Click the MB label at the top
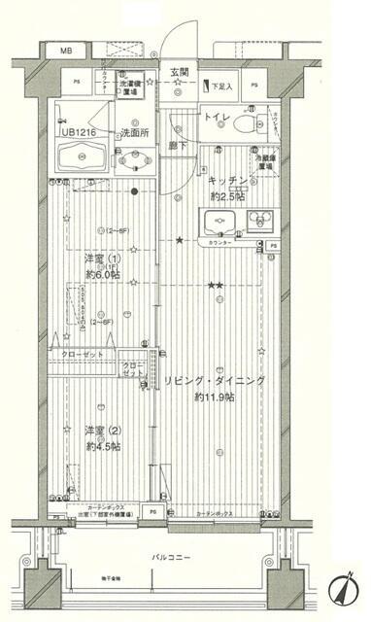tap(67, 50)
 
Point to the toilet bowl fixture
tap(253, 124)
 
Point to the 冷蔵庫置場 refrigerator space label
tap(263, 159)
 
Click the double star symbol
tap(216, 285)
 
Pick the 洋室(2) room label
tap(101, 431)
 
